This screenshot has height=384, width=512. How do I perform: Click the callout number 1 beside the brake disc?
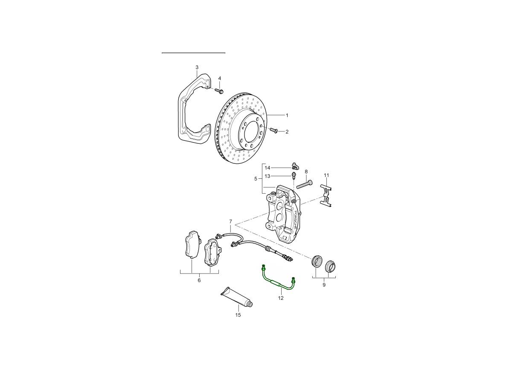[287, 115]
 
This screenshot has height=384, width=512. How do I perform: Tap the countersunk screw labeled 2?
[274, 130]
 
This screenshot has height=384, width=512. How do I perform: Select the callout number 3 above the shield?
[197, 67]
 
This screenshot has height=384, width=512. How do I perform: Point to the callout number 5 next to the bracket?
[256, 179]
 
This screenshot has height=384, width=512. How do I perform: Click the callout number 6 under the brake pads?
[199, 280]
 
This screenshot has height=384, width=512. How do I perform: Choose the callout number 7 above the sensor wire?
[231, 221]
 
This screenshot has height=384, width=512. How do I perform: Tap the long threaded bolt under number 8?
[304, 184]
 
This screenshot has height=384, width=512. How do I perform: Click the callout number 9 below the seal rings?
[324, 285]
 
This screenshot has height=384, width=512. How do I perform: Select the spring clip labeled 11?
[326, 195]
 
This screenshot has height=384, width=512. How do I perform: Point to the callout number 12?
[281, 298]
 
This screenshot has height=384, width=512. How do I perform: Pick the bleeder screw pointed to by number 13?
[294, 175]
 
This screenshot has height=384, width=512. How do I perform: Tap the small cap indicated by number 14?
[295, 166]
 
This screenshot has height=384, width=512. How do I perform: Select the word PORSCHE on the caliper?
[294, 220]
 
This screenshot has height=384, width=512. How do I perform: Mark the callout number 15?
[238, 315]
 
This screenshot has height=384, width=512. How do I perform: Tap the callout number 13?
[268, 176]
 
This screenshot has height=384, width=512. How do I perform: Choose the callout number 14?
[268, 168]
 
